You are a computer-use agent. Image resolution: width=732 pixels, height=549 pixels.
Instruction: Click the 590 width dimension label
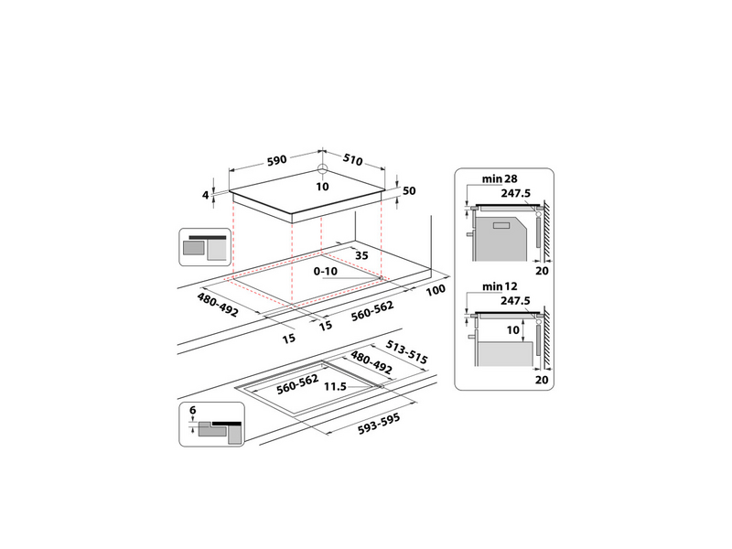click(x=273, y=160)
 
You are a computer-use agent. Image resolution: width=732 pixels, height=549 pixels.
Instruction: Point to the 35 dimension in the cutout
click(x=361, y=257)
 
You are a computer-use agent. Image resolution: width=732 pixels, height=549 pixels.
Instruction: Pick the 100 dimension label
click(x=436, y=290)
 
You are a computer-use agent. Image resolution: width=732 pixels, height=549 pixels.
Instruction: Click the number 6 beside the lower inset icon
click(x=193, y=411)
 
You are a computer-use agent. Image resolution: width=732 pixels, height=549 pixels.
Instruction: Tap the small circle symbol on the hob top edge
click(x=321, y=169)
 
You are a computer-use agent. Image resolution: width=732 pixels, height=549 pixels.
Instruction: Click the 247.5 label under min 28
click(x=516, y=193)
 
